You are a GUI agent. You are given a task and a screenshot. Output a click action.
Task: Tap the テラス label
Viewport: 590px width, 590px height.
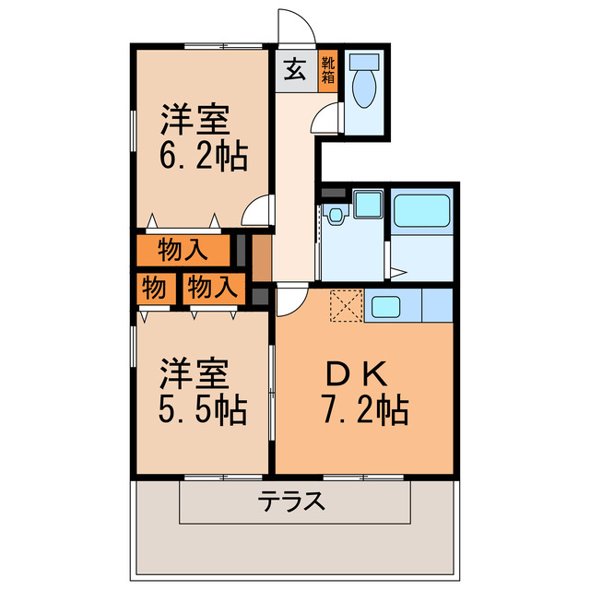click(291, 502)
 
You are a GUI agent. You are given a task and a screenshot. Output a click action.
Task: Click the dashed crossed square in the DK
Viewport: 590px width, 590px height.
click(347, 306)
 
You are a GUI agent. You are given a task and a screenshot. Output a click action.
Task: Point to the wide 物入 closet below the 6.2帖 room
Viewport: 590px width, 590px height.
click(182, 250)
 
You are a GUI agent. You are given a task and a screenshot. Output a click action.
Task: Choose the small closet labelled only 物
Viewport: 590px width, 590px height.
click(154, 288)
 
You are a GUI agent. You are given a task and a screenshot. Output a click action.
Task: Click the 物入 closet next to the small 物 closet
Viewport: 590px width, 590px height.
click(211, 288)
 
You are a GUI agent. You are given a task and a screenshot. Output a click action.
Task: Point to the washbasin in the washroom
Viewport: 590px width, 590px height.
click(335, 216)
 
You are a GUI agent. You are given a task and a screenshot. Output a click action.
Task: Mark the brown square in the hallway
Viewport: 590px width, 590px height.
click(262, 257)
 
